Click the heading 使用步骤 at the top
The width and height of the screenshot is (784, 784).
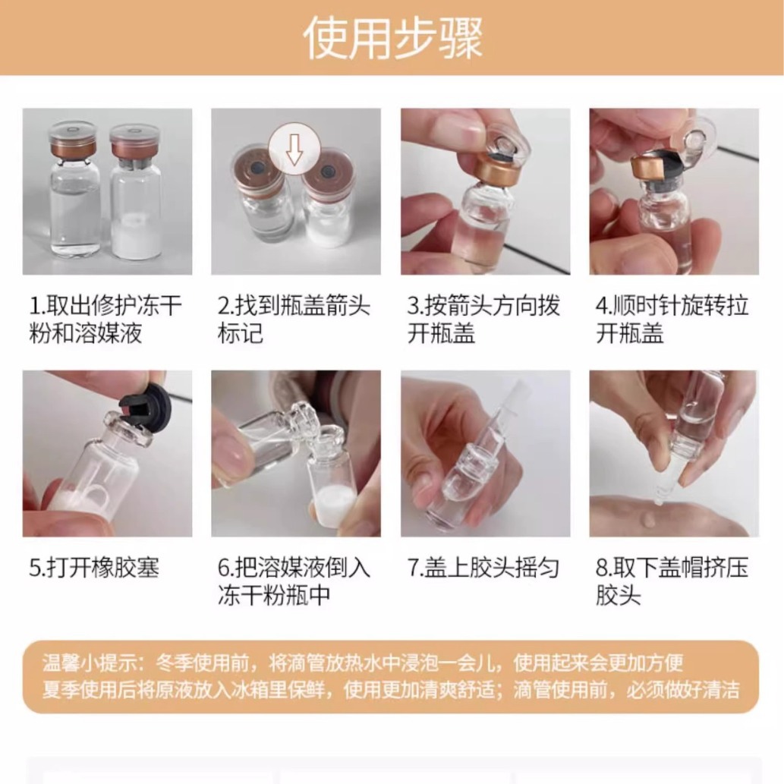[x=393, y=37]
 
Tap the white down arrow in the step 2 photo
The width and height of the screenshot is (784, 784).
[x=294, y=149]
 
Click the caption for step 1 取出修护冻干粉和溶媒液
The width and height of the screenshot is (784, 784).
[x=105, y=320]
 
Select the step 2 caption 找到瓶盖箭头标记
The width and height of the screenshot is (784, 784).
[x=294, y=320]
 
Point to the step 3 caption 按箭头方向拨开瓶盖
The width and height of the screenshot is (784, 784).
[x=483, y=320]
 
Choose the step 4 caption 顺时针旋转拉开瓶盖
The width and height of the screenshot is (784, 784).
[x=672, y=320]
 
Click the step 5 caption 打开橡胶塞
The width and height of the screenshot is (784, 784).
[x=94, y=568]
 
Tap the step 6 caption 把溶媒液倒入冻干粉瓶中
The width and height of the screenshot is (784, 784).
[x=294, y=581]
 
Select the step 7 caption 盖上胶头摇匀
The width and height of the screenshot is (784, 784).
[x=483, y=568]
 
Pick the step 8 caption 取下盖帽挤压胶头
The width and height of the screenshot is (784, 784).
[x=672, y=581]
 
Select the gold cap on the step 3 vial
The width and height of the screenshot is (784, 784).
[x=493, y=172]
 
